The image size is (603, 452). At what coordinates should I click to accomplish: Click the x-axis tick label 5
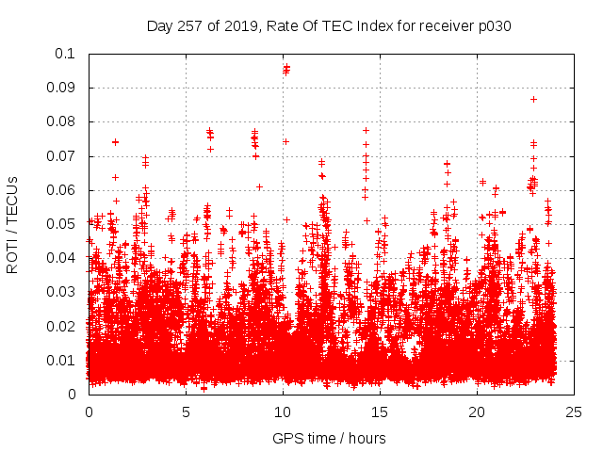tap(186, 412)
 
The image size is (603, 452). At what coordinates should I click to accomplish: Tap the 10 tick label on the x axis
tap(283, 412)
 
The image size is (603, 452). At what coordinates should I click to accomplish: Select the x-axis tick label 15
tap(380, 412)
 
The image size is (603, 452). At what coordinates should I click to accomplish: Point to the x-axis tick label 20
tap(477, 412)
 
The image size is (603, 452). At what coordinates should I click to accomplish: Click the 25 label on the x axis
tap(574, 412)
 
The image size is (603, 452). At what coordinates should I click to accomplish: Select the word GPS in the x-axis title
tap(285, 439)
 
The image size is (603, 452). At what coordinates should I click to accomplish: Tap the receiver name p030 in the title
tap(494, 26)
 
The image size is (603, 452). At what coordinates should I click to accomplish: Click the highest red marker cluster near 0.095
tap(286, 69)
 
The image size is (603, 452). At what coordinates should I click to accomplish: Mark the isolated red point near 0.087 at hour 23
tap(533, 99)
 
